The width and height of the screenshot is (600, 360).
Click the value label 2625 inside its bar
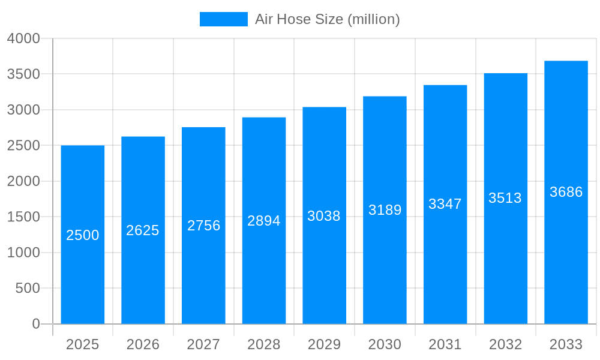coord(143,230)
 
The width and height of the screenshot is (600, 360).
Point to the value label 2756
coord(204,226)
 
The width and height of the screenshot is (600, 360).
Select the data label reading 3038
coord(324,216)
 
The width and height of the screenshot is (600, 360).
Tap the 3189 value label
coord(385,210)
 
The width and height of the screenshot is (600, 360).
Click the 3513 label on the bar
coord(505,198)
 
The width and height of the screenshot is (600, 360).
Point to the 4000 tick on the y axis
coord(23,38)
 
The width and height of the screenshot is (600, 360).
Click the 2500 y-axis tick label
coord(23,146)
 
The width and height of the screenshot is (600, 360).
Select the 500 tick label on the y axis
coord(28,289)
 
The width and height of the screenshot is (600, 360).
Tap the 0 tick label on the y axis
coord(35,324)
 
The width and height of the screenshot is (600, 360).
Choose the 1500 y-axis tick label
coord(23,217)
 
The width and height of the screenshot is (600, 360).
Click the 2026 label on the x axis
coord(143,345)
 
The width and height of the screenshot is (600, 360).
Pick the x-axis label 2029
coord(324,345)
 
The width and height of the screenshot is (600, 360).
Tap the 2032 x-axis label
coord(505,345)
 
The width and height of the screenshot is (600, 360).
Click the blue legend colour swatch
coord(223,19)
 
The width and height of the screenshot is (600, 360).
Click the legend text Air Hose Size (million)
coord(327,19)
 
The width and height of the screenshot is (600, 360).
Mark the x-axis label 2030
coord(385,345)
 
